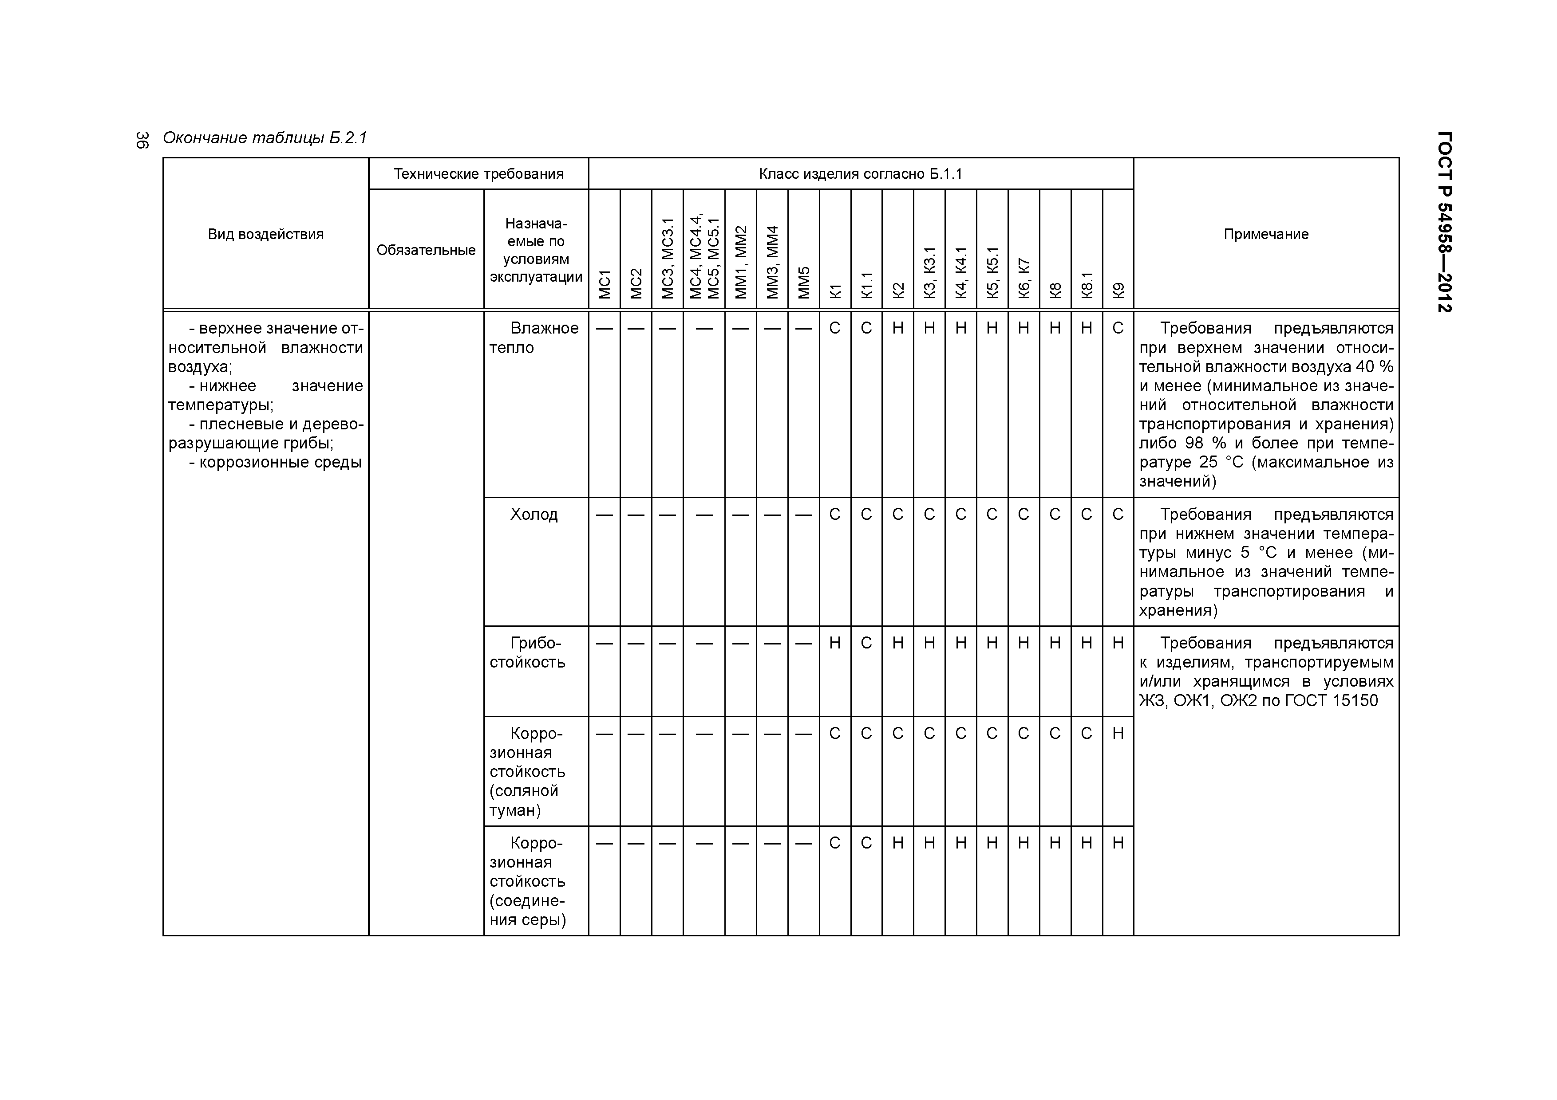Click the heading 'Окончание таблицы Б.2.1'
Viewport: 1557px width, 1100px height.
[265, 138]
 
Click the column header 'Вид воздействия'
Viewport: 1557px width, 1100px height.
[266, 235]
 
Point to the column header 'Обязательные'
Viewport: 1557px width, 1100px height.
[426, 250]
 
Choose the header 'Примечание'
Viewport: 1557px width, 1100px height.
[1265, 235]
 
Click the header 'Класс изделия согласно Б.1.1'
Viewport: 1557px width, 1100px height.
[861, 174]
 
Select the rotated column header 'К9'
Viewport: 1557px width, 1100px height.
[1118, 290]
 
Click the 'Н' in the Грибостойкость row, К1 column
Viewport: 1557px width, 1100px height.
[835, 643]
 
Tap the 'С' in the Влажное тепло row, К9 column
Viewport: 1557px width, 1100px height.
[1118, 328]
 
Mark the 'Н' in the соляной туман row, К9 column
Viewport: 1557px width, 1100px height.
[1118, 733]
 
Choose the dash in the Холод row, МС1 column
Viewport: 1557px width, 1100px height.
[604, 515]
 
